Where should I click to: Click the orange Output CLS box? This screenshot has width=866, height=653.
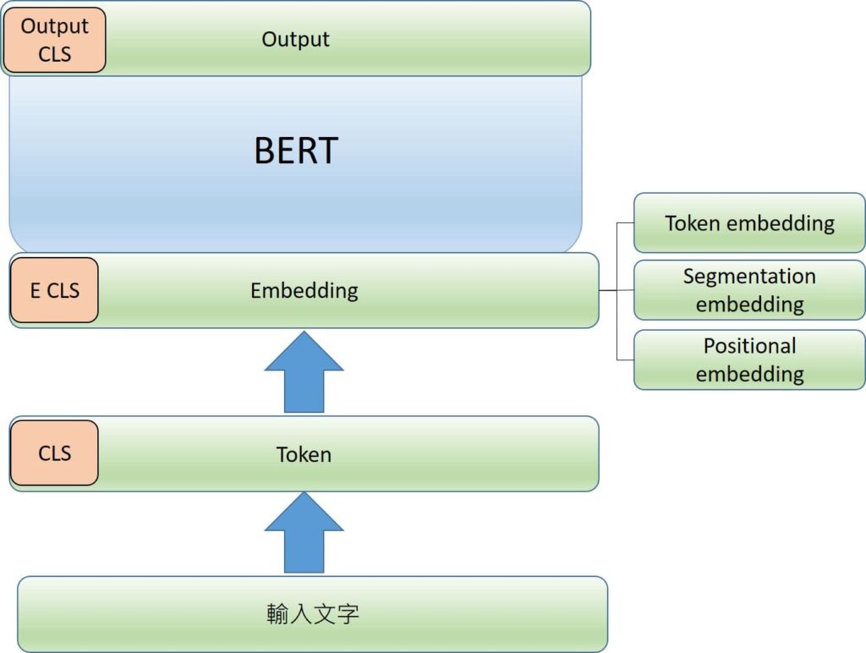(x=54, y=40)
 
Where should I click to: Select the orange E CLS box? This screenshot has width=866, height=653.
(x=54, y=290)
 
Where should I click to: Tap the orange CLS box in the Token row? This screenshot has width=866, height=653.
(x=54, y=453)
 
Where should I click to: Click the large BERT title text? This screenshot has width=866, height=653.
(x=295, y=151)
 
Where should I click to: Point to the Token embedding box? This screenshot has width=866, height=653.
(x=749, y=223)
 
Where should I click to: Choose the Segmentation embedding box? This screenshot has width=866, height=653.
(x=749, y=290)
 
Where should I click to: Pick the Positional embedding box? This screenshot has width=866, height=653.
(x=749, y=359)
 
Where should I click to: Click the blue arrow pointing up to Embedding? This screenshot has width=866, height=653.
(x=304, y=371)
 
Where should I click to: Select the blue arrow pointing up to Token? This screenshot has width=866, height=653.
(x=304, y=532)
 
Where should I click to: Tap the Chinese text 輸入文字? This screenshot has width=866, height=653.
(x=312, y=613)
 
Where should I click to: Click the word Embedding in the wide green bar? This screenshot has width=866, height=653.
(x=304, y=290)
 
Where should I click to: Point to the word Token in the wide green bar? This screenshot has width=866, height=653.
(x=304, y=454)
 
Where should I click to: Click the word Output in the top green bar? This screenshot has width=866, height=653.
(x=295, y=39)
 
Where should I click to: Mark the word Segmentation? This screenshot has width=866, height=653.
(x=749, y=277)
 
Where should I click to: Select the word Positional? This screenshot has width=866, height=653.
(x=749, y=346)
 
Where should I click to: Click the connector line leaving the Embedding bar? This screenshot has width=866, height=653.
(x=608, y=290)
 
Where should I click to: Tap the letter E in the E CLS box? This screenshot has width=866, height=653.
(x=36, y=290)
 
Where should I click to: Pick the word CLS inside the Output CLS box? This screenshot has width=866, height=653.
(x=54, y=53)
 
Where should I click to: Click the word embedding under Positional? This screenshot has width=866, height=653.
(x=749, y=374)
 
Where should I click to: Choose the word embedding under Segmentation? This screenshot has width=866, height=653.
(x=749, y=304)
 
